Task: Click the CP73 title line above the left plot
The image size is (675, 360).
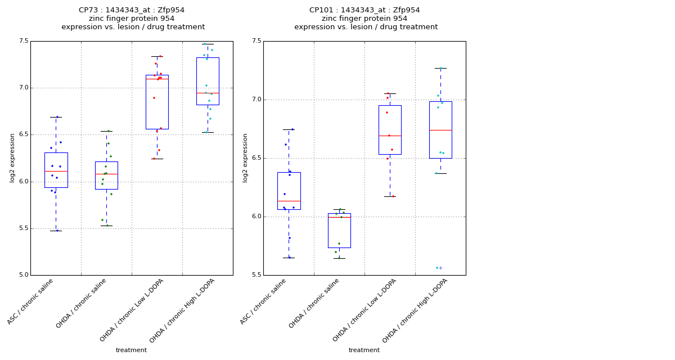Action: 132,10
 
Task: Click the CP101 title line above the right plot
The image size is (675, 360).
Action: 364,10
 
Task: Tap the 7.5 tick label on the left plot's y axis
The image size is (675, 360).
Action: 23,41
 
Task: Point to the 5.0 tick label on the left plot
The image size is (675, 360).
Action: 23,275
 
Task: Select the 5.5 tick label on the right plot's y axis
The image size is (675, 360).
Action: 256,275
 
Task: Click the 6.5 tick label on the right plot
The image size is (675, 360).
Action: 256,158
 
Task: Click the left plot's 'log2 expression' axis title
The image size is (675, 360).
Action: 12,157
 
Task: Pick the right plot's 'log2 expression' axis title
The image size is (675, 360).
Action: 245,157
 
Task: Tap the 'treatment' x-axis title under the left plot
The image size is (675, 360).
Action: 131,350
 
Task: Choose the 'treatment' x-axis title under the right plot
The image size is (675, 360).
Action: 364,350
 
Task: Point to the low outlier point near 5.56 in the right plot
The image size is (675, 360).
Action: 437,268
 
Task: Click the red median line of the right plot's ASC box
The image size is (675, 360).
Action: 289,201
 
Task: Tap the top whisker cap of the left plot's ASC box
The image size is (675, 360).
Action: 56,117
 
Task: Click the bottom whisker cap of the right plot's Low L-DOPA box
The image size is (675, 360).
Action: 390,196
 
